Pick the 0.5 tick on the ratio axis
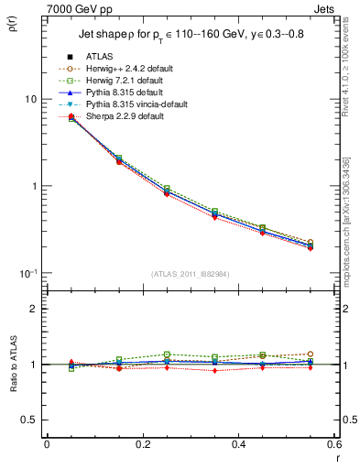[33, 420]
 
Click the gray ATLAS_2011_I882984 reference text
[191, 274]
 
